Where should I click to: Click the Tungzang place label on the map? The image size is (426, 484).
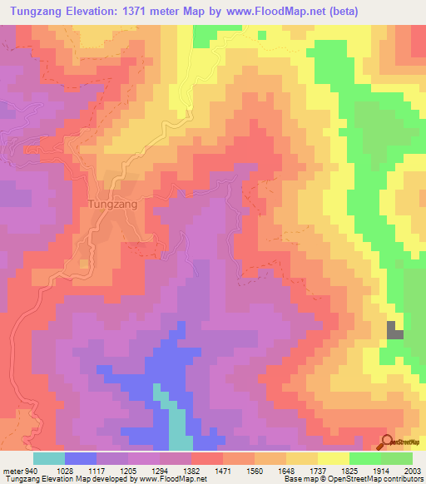pos(111,202)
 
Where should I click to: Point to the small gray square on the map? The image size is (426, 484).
pos(394,329)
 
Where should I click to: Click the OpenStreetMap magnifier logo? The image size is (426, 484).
pos(387,442)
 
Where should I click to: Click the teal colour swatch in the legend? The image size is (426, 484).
pos(48,459)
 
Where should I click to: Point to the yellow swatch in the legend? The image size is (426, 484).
pos(333,459)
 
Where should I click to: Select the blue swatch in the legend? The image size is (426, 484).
pos(80,459)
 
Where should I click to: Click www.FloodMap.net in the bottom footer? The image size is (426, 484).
pos(169,479)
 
